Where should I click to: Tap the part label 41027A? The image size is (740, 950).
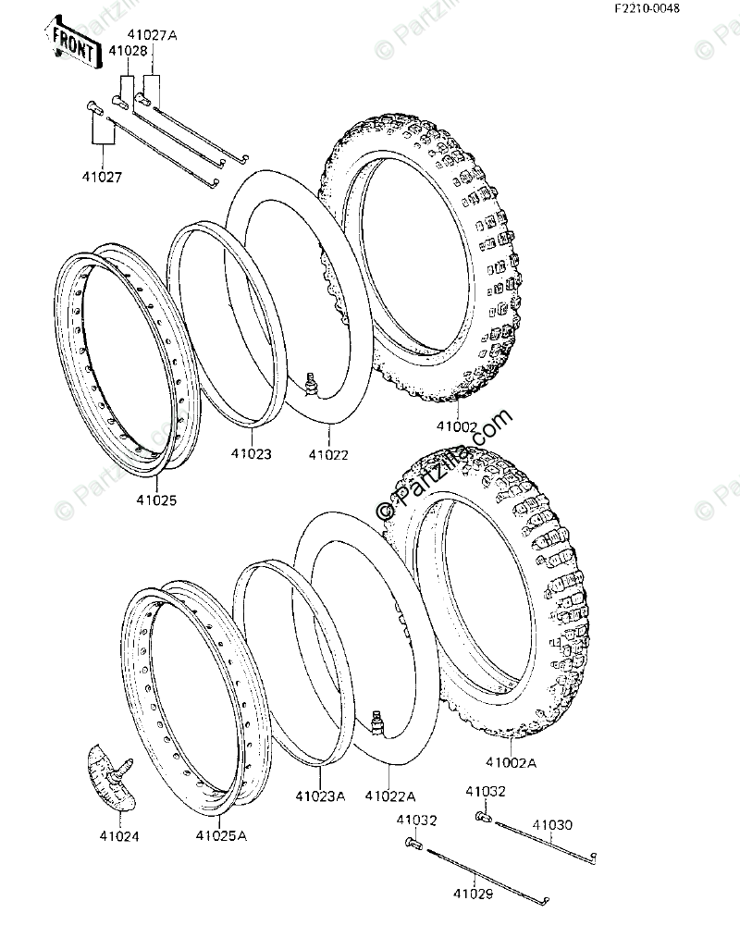(x=155, y=35)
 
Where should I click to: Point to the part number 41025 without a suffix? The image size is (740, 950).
(x=156, y=500)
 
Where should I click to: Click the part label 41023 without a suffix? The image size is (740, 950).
(x=252, y=454)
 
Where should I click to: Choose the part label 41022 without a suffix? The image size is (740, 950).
(x=328, y=454)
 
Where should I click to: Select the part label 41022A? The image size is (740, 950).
(x=390, y=796)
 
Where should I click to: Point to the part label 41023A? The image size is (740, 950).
(x=320, y=796)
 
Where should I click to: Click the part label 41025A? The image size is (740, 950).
(x=221, y=836)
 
